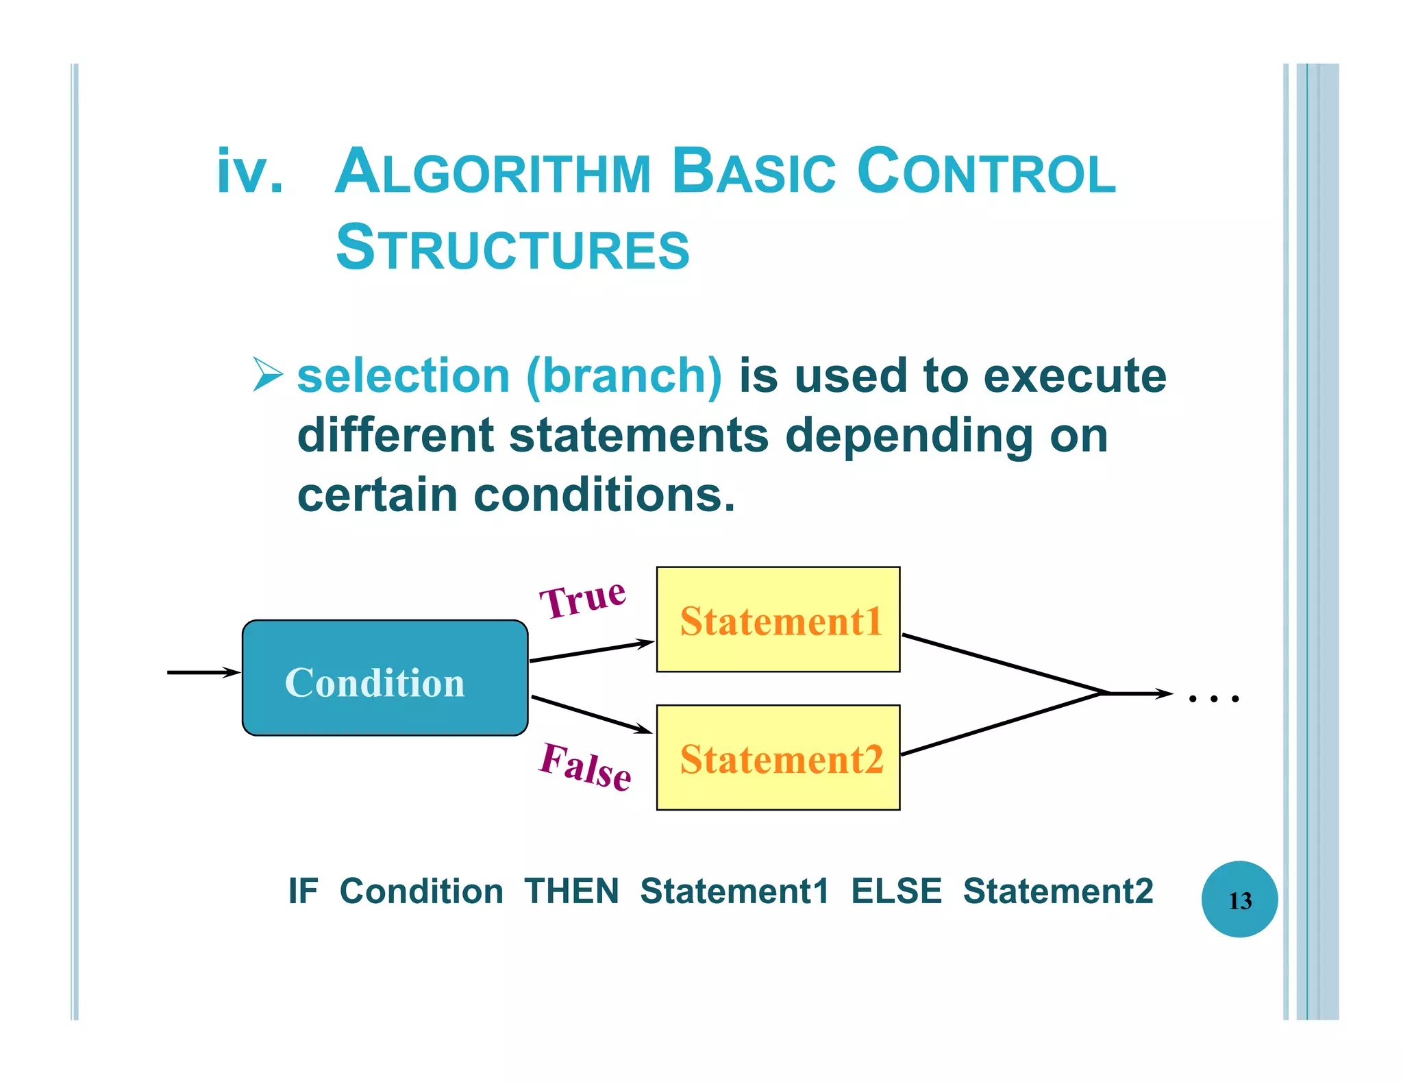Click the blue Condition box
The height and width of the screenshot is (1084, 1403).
385,678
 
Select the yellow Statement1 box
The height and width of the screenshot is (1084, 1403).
778,619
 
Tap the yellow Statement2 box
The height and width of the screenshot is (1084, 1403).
778,758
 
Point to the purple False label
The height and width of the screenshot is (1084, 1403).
584,767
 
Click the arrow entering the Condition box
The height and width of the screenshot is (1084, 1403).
203,672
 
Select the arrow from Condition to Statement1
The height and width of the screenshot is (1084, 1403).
591,651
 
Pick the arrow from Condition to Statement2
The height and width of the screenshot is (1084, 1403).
591,715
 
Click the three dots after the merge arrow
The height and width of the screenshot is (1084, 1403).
1213,699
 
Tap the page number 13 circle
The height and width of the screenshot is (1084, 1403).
1239,899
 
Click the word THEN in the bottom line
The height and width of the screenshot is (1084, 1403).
571,891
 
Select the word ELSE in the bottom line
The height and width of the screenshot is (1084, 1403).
896,891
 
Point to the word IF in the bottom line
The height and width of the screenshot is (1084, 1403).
303,891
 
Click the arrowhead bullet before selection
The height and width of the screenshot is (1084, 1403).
267,374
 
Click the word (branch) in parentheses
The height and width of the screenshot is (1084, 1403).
624,375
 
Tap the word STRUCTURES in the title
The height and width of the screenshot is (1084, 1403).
512,248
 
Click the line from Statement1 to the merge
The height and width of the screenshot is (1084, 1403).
1004,664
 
